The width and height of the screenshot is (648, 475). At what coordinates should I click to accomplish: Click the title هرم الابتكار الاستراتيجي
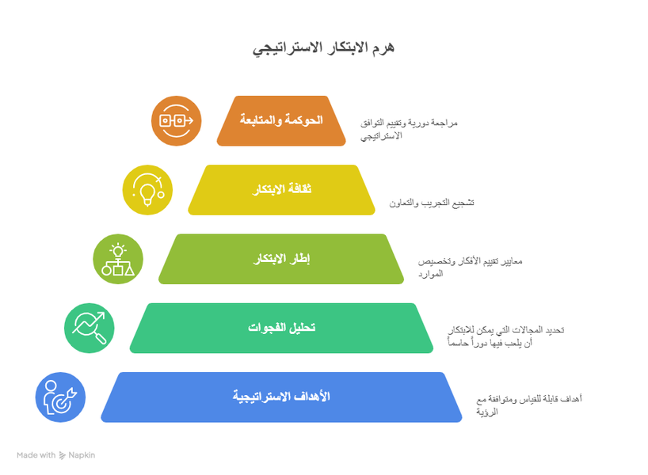[x=323, y=48]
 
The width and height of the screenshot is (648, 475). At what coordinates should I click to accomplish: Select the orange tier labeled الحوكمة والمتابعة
[x=281, y=120]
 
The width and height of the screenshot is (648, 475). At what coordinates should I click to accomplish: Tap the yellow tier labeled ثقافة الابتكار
[x=281, y=190]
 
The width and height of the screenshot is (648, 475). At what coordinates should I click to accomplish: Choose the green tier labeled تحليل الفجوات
[x=281, y=328]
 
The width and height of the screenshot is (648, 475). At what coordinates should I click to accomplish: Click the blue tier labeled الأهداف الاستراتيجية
[x=281, y=397]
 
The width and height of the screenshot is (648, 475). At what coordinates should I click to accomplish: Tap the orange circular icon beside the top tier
[x=177, y=121]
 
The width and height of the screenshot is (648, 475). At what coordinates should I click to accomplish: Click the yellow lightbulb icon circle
[x=148, y=190]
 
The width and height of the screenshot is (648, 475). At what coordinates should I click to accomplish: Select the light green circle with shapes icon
[x=118, y=259]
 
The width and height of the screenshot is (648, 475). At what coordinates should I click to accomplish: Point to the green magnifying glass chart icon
[x=90, y=328]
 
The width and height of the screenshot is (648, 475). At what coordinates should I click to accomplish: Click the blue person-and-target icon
[x=60, y=397]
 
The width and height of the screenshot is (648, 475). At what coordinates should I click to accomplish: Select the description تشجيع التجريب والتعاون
[x=432, y=203]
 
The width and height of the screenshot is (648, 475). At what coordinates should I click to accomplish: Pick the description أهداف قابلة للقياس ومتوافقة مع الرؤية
[x=528, y=405]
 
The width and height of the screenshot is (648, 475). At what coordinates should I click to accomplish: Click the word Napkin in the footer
[x=82, y=455]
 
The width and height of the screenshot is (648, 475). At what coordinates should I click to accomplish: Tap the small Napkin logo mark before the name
[x=63, y=455]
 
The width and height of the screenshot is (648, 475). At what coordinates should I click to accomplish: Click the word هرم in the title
[x=381, y=48]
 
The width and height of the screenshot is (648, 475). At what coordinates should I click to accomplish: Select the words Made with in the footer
[x=36, y=455]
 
